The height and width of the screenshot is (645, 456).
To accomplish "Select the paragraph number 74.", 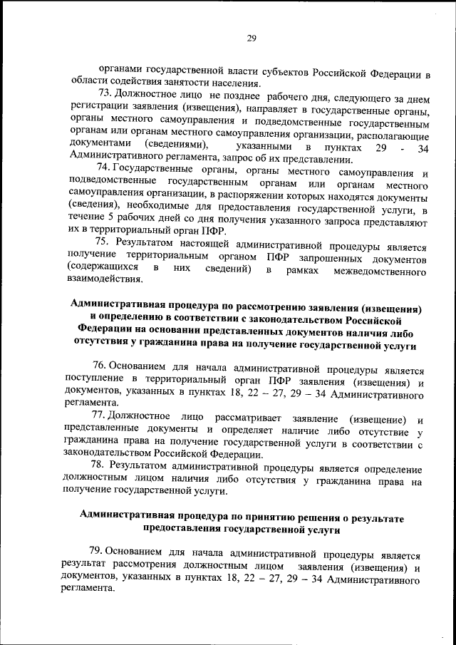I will pyautogui.click(x=104, y=170).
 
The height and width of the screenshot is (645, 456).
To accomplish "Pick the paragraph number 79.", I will pyautogui.click(x=97, y=554).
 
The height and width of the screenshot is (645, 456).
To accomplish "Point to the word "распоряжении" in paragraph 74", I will pyautogui.click(x=247, y=195).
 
